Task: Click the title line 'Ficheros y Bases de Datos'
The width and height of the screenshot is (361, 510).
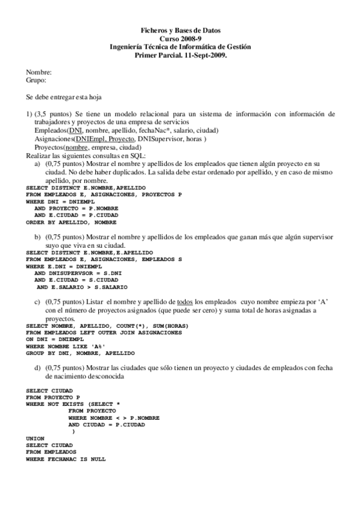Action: pyautogui.click(x=180, y=29)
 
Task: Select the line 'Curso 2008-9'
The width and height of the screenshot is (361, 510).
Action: pyautogui.click(x=180, y=38)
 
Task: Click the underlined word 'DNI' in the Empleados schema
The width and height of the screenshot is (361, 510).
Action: pyautogui.click(x=75, y=131)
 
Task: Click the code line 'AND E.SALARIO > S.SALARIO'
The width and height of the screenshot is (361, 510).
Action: pyautogui.click(x=81, y=287)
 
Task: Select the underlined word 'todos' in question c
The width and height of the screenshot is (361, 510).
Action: pyautogui.click(x=186, y=300)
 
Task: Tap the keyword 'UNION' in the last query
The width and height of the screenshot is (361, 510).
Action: pyautogui.click(x=36, y=438)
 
